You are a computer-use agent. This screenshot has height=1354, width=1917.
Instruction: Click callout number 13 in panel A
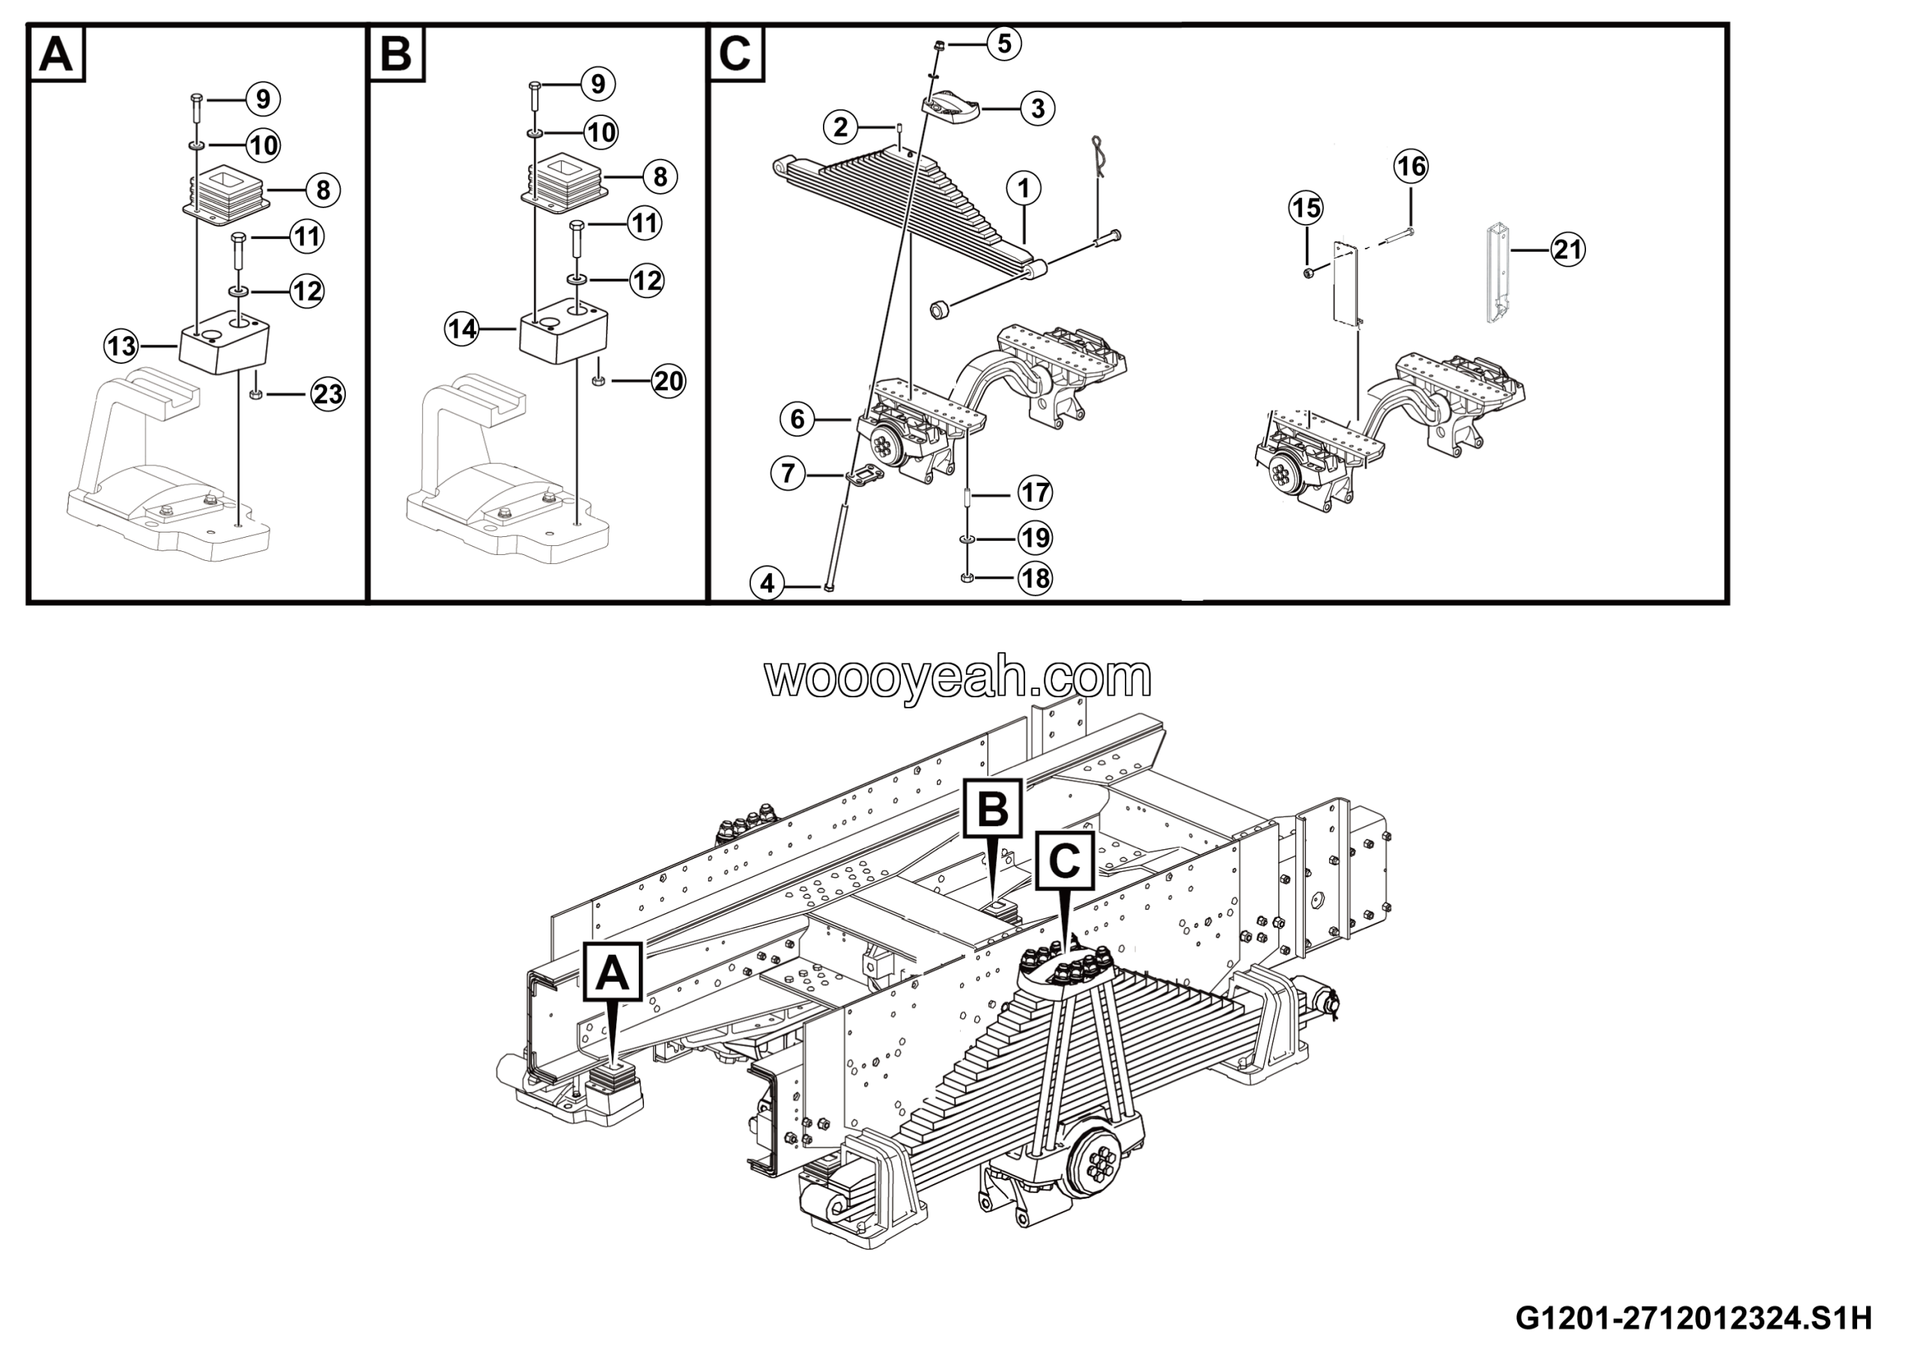coord(121,344)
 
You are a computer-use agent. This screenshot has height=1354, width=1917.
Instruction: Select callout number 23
coord(327,393)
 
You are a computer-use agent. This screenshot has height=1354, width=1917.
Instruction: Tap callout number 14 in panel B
coord(462,329)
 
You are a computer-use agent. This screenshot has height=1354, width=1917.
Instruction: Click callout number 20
coord(668,381)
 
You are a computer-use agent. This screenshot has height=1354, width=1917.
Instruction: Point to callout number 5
coord(1004,43)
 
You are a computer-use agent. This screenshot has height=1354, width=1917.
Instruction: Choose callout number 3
coord(1038,109)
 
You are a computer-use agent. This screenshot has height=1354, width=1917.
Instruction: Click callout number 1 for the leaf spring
coord(1024,188)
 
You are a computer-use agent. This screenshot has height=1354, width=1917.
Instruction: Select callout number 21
coord(1568,249)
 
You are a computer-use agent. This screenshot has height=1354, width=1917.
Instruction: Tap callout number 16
coord(1411,167)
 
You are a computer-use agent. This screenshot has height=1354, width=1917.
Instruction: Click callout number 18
coord(1036,578)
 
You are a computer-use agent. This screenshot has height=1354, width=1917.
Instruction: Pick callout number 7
coord(787,474)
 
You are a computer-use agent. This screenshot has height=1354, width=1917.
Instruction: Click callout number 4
coord(768,583)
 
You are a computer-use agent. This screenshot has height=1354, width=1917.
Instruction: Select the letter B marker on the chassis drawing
coord(992,808)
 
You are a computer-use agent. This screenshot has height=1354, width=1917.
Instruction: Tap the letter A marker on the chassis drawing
coord(613,971)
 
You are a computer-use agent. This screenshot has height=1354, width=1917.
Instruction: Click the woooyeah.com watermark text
coord(958,678)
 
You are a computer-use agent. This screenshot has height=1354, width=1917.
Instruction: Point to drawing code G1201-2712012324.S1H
coord(1694,1317)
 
